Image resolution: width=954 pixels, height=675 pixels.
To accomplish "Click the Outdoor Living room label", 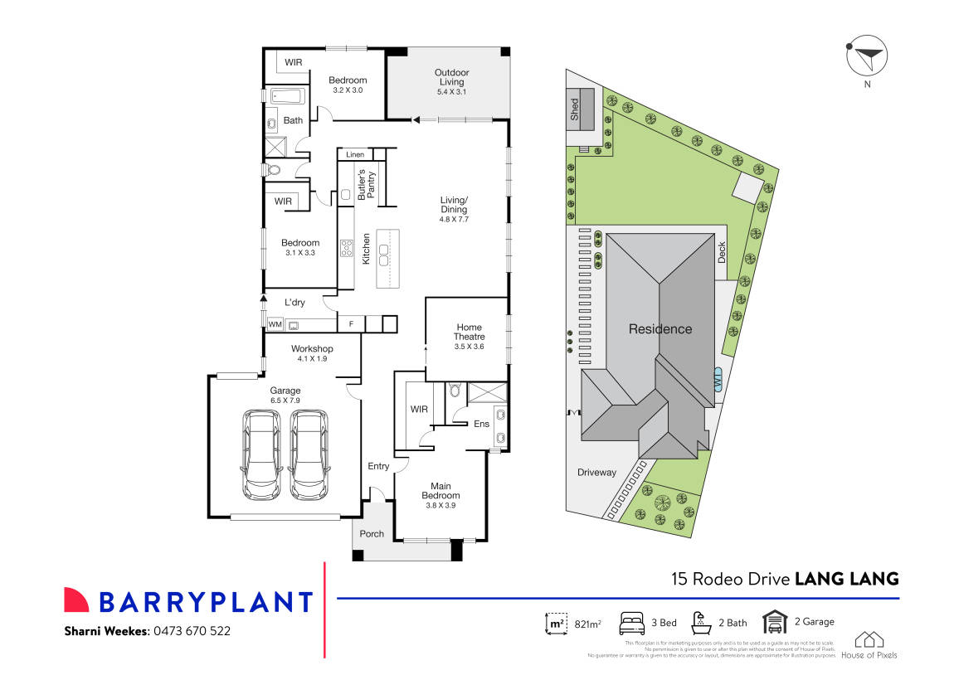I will [450, 77].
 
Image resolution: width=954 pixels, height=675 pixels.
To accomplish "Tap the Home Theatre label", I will [468, 332].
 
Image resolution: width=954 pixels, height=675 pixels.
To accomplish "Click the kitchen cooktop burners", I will [345, 246].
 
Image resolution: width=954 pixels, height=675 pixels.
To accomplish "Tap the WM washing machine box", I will [275, 324].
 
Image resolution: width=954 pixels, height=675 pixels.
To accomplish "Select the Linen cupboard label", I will [355, 155].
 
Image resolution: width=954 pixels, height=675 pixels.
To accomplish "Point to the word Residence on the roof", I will [660, 329].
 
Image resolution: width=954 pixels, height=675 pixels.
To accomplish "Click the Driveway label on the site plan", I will [596, 473].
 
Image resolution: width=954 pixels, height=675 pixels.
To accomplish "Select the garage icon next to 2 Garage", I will [775, 621].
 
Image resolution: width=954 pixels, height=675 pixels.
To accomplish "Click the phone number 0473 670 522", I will [190, 631].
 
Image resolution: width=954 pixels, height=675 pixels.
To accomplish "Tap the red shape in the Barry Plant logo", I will [76, 600].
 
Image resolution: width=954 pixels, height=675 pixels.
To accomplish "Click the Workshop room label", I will [312, 349].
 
